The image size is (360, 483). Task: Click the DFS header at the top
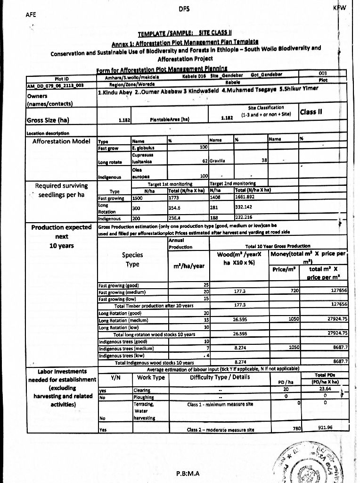click(184, 8)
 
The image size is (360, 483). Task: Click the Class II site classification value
click(311, 112)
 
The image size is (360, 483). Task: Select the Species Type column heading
click(132, 259)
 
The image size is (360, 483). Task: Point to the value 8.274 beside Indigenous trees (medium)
click(241, 348)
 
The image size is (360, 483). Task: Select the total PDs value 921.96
click(325, 427)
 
